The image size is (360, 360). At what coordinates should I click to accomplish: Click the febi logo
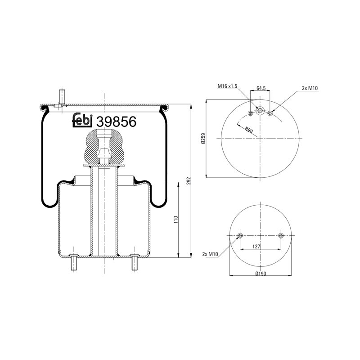click(x=82, y=120)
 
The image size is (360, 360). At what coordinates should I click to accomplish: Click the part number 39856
click(x=117, y=121)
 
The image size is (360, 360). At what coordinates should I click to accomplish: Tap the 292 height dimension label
click(x=189, y=181)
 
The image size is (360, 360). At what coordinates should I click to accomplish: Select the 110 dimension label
click(x=176, y=220)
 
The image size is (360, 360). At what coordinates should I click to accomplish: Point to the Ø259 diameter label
click(x=203, y=139)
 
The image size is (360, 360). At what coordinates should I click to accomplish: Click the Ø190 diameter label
click(x=261, y=274)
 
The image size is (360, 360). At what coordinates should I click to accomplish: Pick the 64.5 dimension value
click(x=261, y=88)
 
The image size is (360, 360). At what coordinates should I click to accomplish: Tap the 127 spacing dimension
click(x=256, y=247)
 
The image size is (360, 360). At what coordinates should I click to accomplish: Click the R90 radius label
click(x=249, y=130)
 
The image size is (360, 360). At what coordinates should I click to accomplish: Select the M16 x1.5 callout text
click(x=227, y=86)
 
